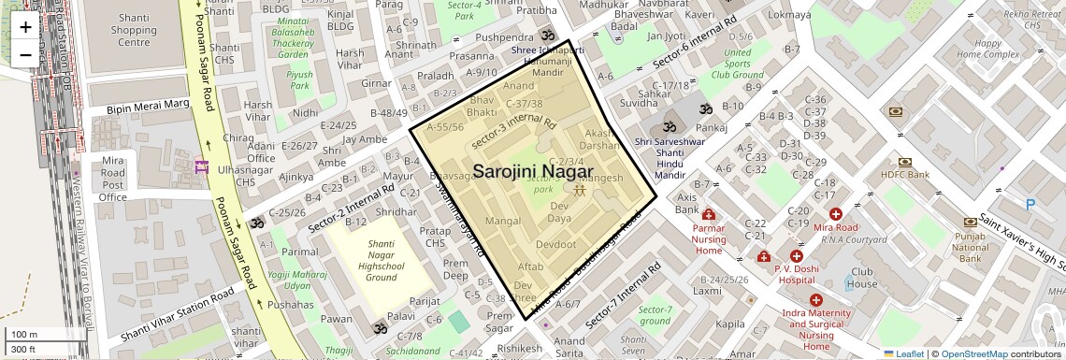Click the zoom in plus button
pyautogui.click(x=25, y=27)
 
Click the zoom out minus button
pyautogui.click(x=25, y=54)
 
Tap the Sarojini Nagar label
pyautogui.click(x=533, y=171)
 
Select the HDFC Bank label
pyautogui.click(x=904, y=175)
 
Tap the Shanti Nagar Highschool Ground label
pyautogui.click(x=381, y=260)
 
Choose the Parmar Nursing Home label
pyautogui.click(x=709, y=238)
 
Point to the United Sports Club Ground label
pyautogui.click(x=737, y=64)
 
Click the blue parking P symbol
pyautogui.click(x=1030, y=204)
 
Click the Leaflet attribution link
pyautogui.click(x=903, y=353)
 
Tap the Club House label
pyautogui.click(x=862, y=278)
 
